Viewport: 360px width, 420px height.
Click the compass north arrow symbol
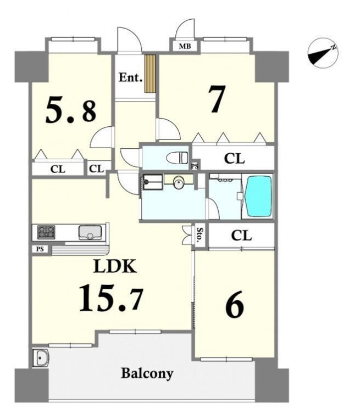click(x=323, y=53)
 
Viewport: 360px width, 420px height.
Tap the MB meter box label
click(x=185, y=46)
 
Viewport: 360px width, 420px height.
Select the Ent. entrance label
click(x=130, y=77)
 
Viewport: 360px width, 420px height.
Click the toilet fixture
click(x=177, y=158)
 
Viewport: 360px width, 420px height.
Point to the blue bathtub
click(x=259, y=195)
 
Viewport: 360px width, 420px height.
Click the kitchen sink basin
click(x=90, y=232)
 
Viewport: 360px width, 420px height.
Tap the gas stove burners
click(x=46, y=232)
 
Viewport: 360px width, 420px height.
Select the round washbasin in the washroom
click(x=178, y=183)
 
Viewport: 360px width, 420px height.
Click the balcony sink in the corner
click(x=40, y=357)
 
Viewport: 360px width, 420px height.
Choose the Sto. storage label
click(x=200, y=235)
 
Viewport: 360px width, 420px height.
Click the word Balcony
click(x=147, y=373)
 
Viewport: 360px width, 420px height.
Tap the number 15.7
click(x=110, y=298)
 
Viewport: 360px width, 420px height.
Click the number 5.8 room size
click(x=71, y=110)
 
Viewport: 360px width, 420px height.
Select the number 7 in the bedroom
click(x=217, y=99)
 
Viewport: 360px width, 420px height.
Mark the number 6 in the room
click(x=235, y=305)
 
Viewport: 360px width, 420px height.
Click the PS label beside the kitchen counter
click(x=40, y=249)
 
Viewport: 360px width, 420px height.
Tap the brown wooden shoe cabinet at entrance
click(x=150, y=74)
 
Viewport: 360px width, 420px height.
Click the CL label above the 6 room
click(x=241, y=236)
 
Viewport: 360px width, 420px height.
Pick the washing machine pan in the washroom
click(x=153, y=182)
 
